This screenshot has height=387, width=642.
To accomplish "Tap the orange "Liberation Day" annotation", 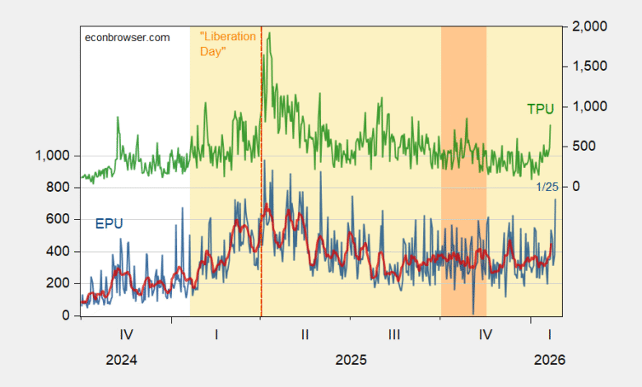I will click(228, 44).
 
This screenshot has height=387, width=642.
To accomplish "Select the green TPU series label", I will click(540, 108).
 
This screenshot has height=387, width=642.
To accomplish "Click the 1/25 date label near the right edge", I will click(547, 187).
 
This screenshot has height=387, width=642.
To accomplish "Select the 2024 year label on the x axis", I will click(121, 360).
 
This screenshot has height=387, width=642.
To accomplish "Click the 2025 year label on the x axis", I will click(351, 360).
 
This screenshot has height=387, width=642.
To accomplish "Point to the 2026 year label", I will click(548, 360).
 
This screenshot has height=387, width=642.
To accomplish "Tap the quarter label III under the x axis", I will click(395, 335).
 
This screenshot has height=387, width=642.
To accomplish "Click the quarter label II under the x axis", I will click(305, 335).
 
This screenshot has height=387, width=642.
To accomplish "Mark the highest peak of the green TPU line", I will click(269, 33).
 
